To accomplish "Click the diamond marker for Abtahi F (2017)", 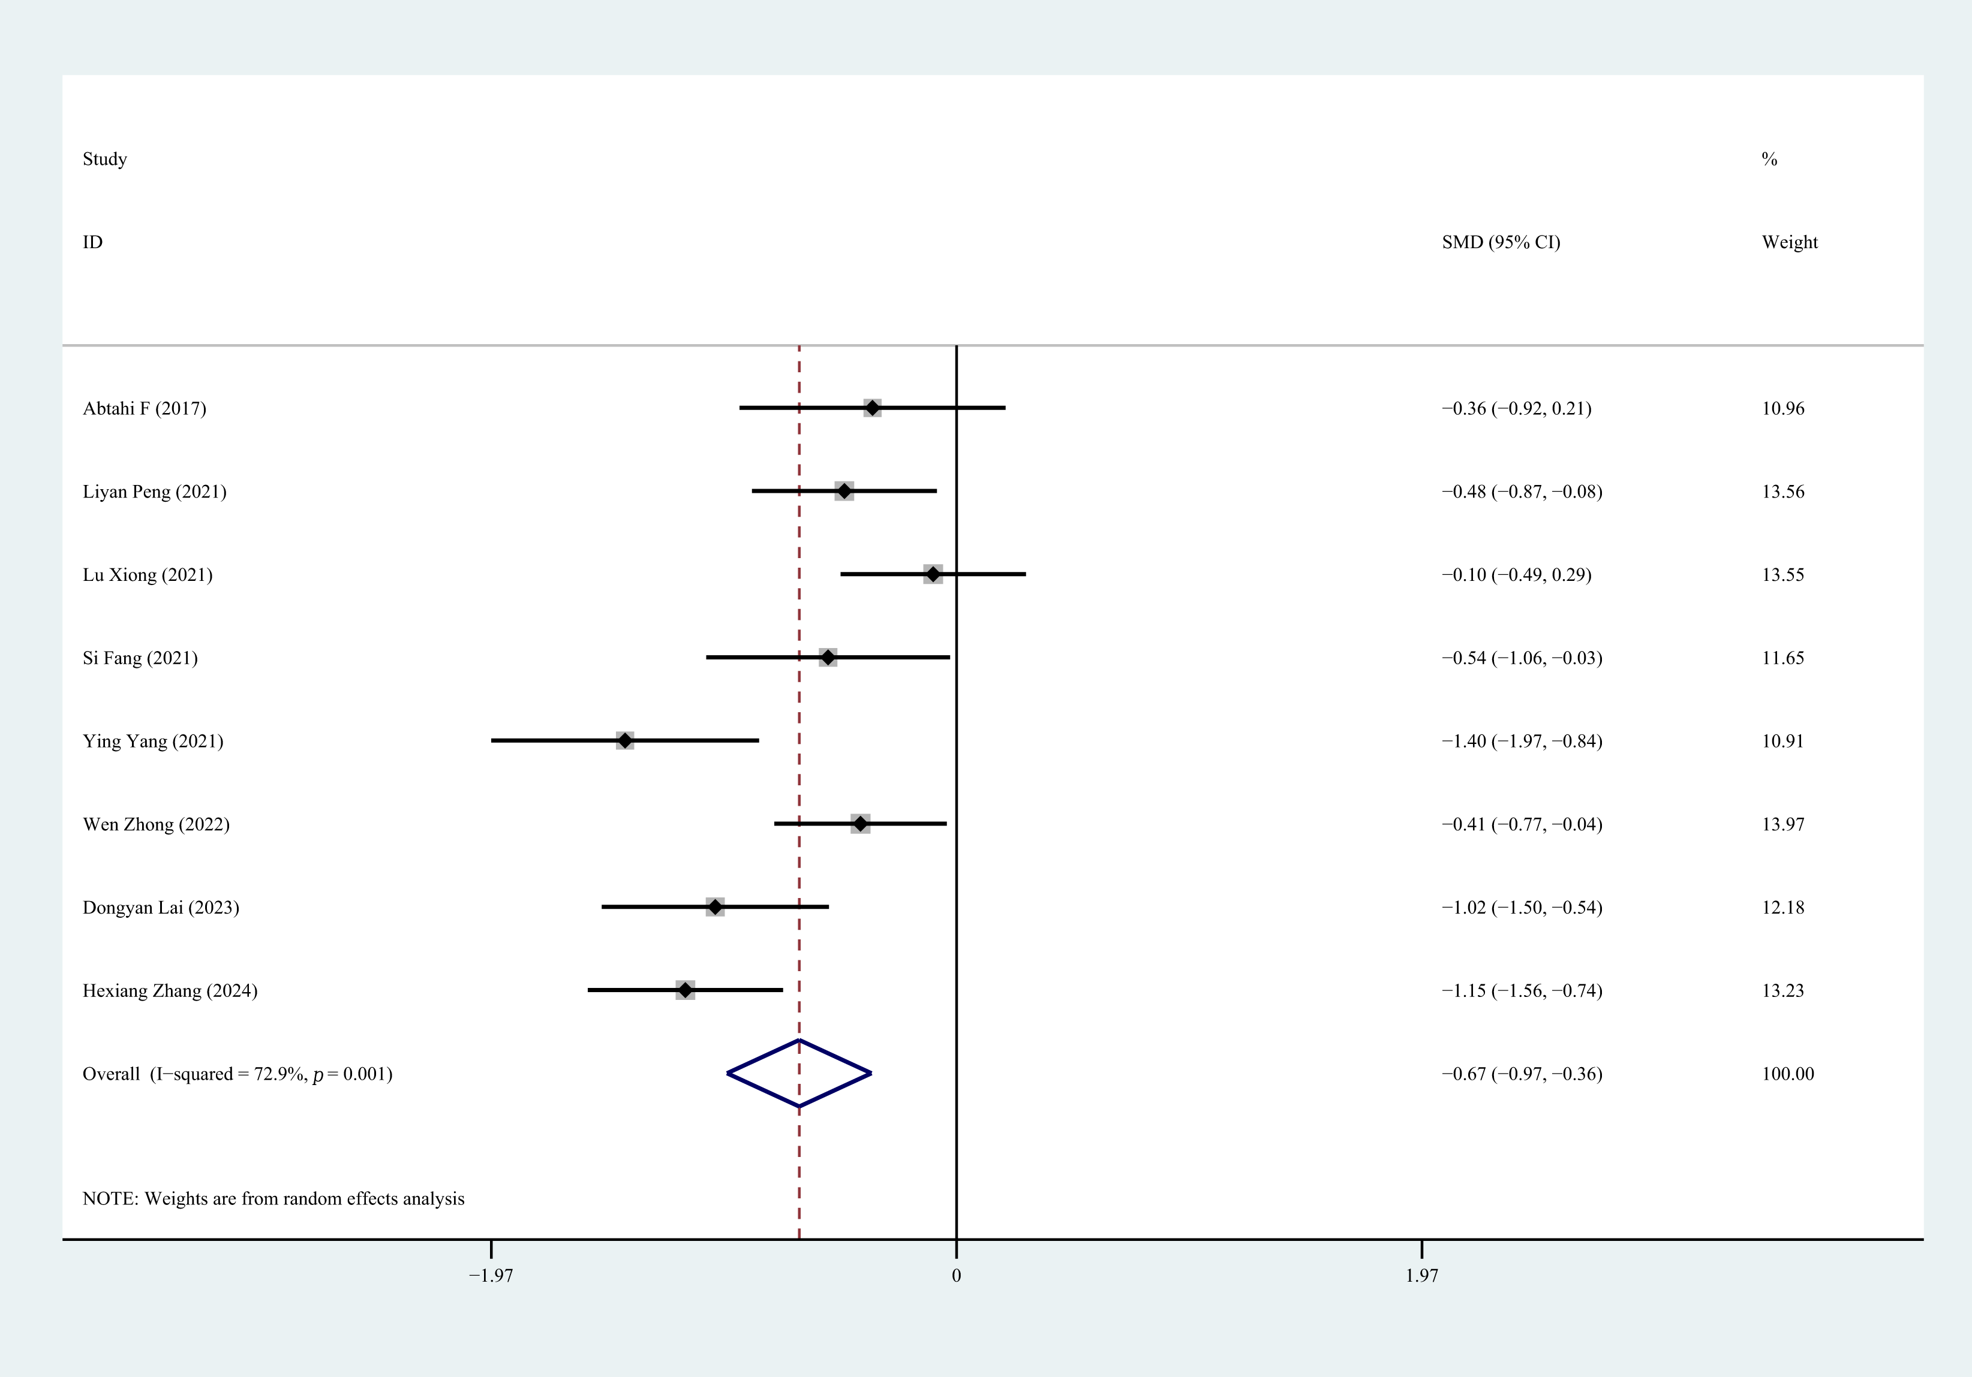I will [872, 408].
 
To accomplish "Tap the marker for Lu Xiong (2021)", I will [933, 574].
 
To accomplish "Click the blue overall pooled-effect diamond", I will [799, 1073].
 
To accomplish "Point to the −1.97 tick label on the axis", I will [491, 1276].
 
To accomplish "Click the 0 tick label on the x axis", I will [956, 1276].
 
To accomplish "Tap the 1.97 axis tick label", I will [1421, 1276].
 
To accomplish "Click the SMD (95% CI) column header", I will [1501, 242].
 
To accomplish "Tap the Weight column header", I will [1789, 242].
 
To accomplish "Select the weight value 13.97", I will [1783, 824].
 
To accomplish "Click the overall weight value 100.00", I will [1787, 1074].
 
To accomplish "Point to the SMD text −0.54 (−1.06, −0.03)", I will [1521, 658].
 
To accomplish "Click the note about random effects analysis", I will [273, 1198].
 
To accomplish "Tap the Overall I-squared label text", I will [237, 1074].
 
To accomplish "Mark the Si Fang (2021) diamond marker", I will [827, 658].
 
